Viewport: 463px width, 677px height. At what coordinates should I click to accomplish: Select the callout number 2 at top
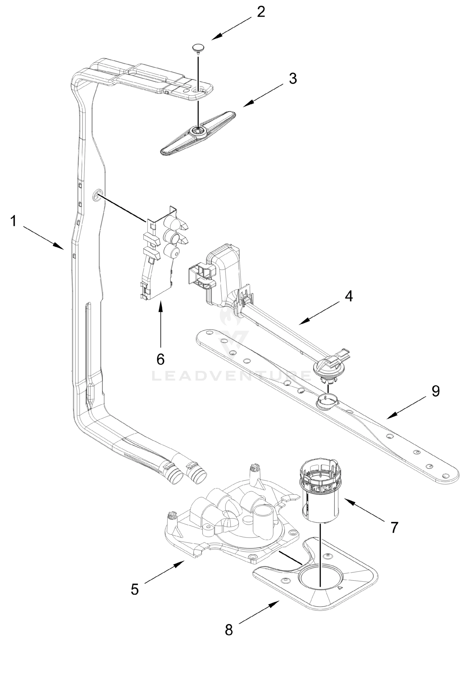pyautogui.click(x=261, y=12)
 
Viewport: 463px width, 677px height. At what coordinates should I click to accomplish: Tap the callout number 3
pyautogui.click(x=293, y=78)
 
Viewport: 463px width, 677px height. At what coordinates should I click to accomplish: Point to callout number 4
pyautogui.click(x=349, y=296)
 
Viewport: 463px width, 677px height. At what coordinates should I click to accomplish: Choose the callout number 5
pyautogui.click(x=135, y=589)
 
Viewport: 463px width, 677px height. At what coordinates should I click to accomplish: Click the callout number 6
pyautogui.click(x=160, y=359)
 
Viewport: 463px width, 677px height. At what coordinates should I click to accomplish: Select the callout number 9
pyautogui.click(x=435, y=391)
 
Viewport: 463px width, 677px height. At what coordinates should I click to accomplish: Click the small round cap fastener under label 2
pyautogui.click(x=198, y=48)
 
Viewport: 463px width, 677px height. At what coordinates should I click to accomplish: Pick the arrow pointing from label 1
pyautogui.click(x=44, y=238)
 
